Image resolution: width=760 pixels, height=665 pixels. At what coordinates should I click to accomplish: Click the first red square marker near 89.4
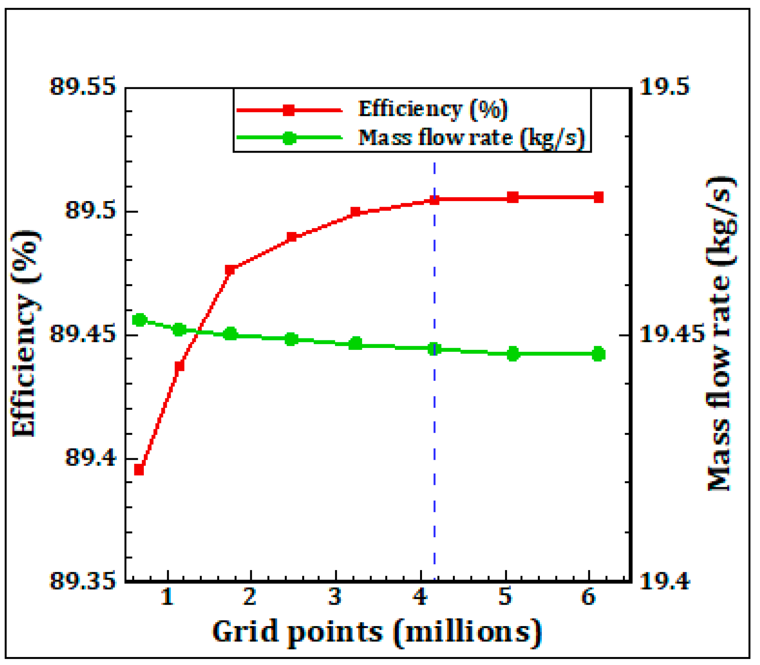[139, 470]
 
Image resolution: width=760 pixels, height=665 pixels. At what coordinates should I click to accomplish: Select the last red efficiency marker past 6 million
[598, 197]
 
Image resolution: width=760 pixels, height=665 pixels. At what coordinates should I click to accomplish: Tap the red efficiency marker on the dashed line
[434, 200]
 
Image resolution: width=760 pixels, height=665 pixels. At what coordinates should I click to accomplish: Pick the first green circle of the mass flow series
[140, 320]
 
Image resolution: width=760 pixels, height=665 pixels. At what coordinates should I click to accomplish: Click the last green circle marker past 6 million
[599, 354]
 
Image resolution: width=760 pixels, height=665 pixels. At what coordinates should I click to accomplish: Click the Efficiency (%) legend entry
[433, 109]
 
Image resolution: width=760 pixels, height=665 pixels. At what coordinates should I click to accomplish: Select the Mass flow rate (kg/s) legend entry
[471, 137]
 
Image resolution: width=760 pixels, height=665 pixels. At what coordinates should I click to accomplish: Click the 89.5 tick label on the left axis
[90, 210]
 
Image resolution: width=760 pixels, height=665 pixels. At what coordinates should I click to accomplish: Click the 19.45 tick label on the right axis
[671, 334]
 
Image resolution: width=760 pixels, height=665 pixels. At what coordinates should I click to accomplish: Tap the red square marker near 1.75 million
[230, 270]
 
